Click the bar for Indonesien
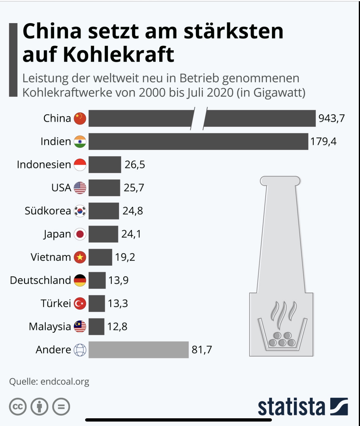105,165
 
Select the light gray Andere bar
138,350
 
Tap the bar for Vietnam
100,257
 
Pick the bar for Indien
198,141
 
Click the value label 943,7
332,118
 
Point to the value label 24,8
133,211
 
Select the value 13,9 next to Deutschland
118,280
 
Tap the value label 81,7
202,350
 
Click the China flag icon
80,118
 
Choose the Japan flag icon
80,234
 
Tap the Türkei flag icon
80,303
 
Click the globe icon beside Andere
80,350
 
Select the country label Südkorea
48,211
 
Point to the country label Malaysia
50,326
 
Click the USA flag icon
80,188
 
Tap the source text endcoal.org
65,381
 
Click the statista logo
302,407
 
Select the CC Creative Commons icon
18,406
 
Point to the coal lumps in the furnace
282,340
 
